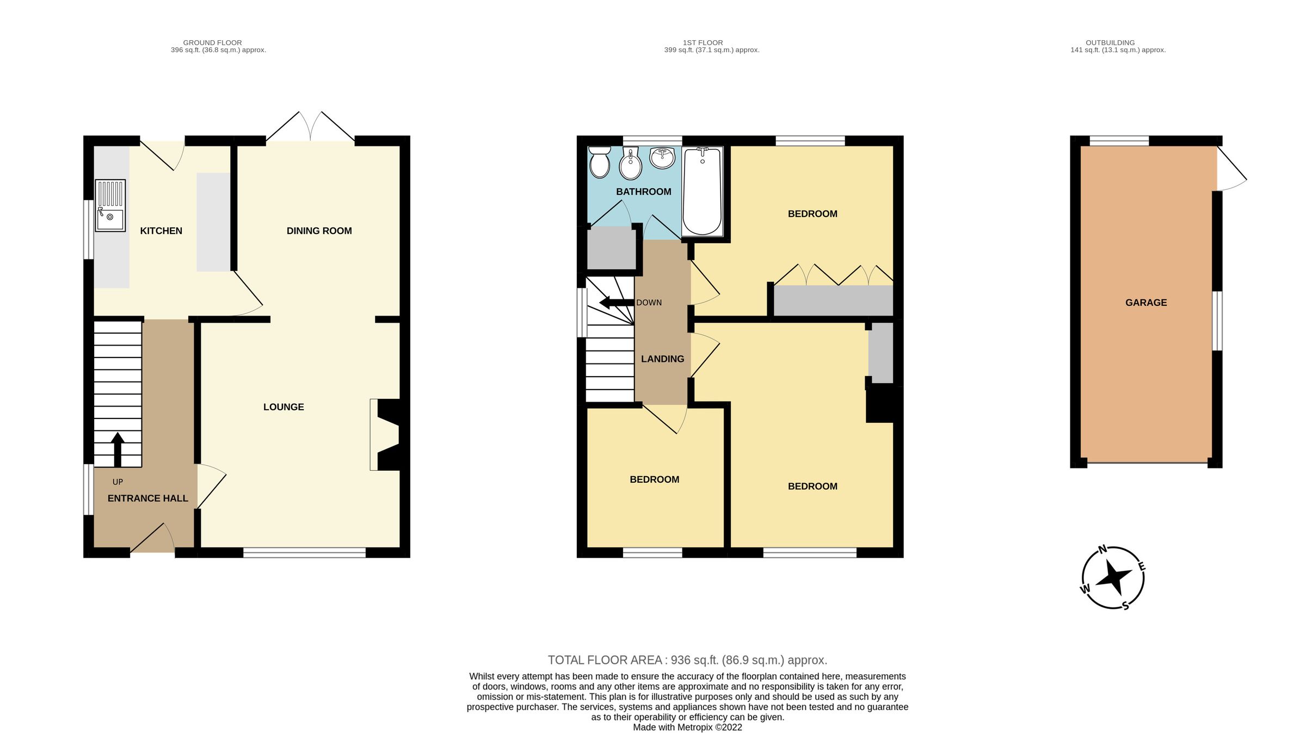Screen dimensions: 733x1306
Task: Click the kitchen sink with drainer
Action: [110, 206]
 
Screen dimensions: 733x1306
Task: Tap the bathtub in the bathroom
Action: [702, 192]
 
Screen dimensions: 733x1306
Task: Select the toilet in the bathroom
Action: [600, 162]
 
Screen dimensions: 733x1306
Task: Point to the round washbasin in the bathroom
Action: [662, 158]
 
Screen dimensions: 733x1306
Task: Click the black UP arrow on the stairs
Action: [118, 449]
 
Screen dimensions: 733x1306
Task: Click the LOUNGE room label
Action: [284, 407]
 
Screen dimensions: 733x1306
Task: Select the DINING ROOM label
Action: [319, 231]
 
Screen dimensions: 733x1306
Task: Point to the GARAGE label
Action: [1146, 303]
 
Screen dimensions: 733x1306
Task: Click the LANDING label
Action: [662, 359]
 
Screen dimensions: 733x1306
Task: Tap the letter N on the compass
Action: [1103, 549]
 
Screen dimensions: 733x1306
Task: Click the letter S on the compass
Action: [1125, 605]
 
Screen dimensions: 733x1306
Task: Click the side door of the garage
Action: [1231, 169]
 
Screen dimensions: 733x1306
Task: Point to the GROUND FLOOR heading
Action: [212, 42]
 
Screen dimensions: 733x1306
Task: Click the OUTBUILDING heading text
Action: [1110, 42]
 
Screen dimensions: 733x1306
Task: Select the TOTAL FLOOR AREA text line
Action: [687, 660]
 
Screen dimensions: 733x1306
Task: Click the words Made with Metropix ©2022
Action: [687, 727]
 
